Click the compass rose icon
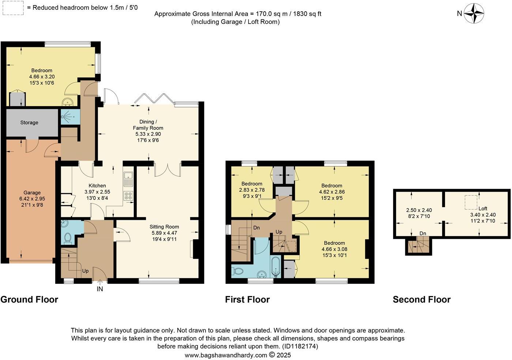(x=474, y=14)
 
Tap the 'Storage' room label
(x=29, y=123)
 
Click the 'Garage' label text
(x=32, y=192)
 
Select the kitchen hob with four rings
(x=128, y=195)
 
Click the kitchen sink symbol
(x=128, y=179)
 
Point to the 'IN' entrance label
(x=100, y=289)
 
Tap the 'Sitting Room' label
(x=164, y=227)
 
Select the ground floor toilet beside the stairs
(x=68, y=238)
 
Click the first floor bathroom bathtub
(x=275, y=267)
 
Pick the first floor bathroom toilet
(x=238, y=271)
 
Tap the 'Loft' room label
(x=483, y=209)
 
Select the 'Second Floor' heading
(x=421, y=300)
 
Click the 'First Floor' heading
(x=247, y=300)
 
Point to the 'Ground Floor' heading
(x=29, y=300)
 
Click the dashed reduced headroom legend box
(x=14, y=8)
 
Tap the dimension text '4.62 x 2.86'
(x=332, y=192)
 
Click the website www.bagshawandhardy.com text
(x=226, y=355)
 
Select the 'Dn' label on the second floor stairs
(x=423, y=233)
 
